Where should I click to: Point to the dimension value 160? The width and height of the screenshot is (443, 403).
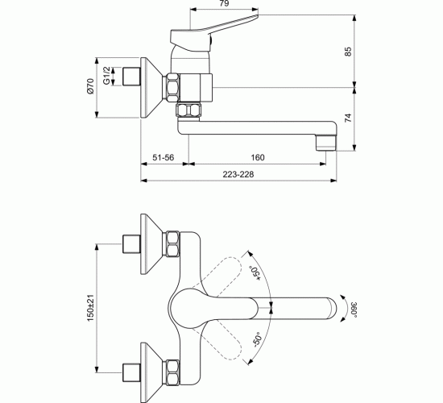(257, 158)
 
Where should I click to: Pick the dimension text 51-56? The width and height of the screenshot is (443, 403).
(164, 158)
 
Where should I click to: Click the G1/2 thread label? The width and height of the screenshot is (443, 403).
(106, 79)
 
